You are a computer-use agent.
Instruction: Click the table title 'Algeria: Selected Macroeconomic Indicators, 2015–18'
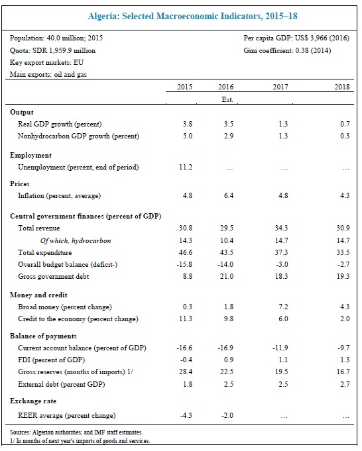pos(192,16)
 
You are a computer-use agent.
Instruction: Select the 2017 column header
pos(280,87)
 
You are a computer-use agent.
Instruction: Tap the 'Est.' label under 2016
pos(227,99)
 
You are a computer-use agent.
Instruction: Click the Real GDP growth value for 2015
pos(187,124)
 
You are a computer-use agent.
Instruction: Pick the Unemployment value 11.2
pos(186,167)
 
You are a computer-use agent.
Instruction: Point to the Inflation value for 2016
pos(229,195)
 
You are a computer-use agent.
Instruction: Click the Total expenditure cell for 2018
pos(343,252)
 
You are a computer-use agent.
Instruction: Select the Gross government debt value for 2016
pos(227,276)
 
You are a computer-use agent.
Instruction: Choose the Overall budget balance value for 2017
pos(282,264)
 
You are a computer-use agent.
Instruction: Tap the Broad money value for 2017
pos(283,307)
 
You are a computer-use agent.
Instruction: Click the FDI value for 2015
pos(186,360)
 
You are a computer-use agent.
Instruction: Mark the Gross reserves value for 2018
pos(343,372)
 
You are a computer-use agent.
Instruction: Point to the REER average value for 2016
pos(227,416)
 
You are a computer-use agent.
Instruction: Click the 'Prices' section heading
pos(20,184)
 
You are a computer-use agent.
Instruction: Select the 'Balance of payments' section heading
pos(43,336)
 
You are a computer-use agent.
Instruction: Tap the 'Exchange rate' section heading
pos(33,401)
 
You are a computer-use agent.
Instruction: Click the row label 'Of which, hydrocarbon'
pos(76,241)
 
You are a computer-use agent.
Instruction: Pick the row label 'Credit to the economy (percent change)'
pos(78,319)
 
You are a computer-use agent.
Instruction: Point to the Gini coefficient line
pos(287,50)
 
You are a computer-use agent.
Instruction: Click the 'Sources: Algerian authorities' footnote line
pos(76,432)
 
